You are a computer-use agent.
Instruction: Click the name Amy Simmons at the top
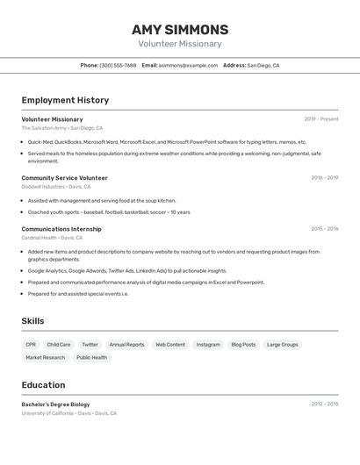[x=180, y=29]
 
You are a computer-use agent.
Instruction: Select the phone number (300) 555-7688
[x=118, y=65]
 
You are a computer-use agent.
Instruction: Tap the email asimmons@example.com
[x=188, y=65]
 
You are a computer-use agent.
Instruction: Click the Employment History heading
[x=65, y=100]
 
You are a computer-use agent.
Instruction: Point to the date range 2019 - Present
[x=320, y=119]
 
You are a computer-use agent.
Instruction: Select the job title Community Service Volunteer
[x=64, y=178]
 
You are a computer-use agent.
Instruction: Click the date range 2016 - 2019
[x=324, y=178]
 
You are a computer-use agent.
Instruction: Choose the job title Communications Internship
[x=61, y=229]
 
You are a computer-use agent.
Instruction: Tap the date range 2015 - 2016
[x=324, y=229]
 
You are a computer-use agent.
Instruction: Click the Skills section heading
[x=32, y=321]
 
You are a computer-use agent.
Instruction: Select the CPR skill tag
[x=31, y=345]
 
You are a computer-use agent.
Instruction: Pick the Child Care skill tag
[x=59, y=345]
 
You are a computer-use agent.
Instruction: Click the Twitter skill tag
[x=90, y=345]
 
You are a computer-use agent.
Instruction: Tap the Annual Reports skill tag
[x=126, y=345]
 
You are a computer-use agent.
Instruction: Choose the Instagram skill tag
[x=208, y=345]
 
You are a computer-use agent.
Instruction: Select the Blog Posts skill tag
[x=243, y=345]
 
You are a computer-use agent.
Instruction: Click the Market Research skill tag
[x=45, y=358]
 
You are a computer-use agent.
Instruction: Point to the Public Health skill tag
[x=91, y=358]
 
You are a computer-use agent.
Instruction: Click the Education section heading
[x=43, y=385]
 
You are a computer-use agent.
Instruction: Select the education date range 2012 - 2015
[x=324, y=404]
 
